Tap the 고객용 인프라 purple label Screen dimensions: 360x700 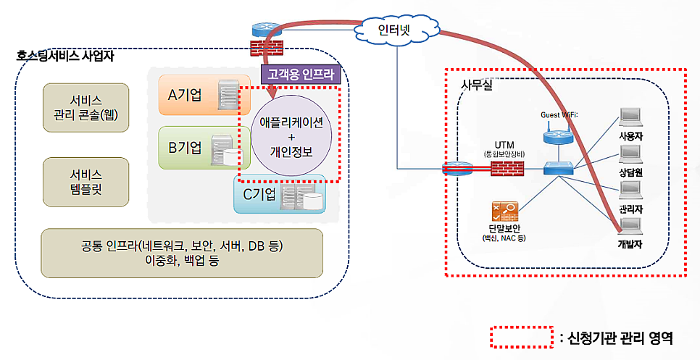[x=298, y=74]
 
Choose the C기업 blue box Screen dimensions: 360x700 [x=278, y=194]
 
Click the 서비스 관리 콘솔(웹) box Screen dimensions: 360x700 [x=86, y=108]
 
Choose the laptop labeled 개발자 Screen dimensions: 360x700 [x=630, y=227]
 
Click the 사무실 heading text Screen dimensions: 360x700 [x=476, y=85]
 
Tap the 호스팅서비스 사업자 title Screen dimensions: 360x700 [x=66, y=55]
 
